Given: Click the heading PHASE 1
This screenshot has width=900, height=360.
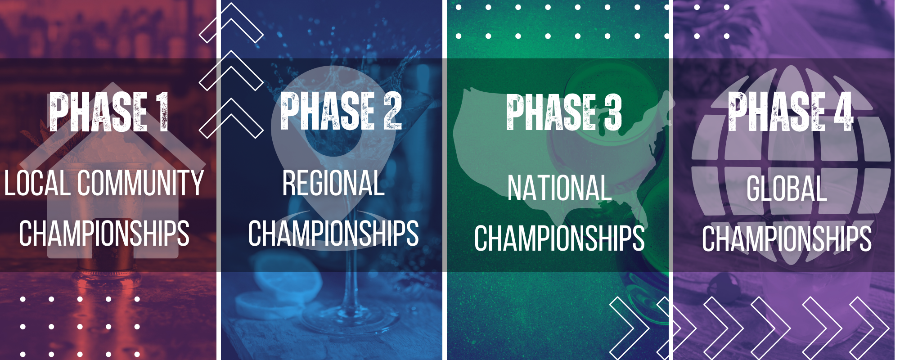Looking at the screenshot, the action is pyautogui.click(x=109, y=111).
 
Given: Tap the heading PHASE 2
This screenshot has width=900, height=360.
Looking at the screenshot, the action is pyautogui.click(x=341, y=111).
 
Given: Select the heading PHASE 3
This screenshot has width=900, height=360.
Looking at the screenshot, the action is pyautogui.click(x=564, y=112).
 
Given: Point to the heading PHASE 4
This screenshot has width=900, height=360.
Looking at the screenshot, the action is pyautogui.click(x=791, y=112).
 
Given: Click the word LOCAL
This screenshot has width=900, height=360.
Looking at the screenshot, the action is pyautogui.click(x=37, y=183).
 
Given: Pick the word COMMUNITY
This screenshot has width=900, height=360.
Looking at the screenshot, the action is pyautogui.click(x=140, y=183).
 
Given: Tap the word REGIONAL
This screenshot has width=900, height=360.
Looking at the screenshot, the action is pyautogui.click(x=333, y=183).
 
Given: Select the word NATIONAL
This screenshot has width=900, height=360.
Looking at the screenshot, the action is pyautogui.click(x=559, y=188).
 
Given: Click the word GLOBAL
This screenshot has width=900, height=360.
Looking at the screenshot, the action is pyautogui.click(x=787, y=188).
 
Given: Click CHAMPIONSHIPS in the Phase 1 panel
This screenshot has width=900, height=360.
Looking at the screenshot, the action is pyautogui.click(x=104, y=233).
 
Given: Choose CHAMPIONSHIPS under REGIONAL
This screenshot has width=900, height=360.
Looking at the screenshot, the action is pyautogui.click(x=333, y=233).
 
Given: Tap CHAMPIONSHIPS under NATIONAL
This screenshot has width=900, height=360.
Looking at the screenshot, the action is pyautogui.click(x=559, y=238).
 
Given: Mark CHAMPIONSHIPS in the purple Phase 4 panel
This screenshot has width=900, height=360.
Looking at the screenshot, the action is pyautogui.click(x=787, y=238).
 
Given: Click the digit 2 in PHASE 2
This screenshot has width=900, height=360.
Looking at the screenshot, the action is pyautogui.click(x=393, y=111).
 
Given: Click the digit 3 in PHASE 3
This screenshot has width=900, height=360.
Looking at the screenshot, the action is pyautogui.click(x=613, y=112).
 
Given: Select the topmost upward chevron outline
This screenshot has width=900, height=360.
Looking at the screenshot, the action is pyautogui.click(x=231, y=22).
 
